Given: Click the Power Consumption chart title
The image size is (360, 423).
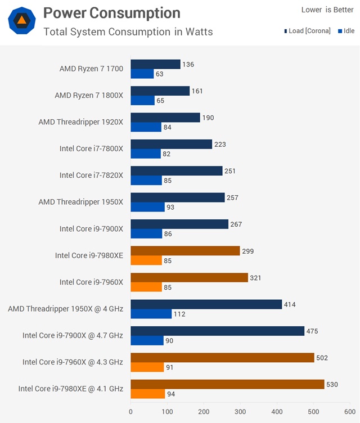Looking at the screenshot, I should coord(111,13).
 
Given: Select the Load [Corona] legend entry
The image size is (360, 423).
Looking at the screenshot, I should coord(307,31).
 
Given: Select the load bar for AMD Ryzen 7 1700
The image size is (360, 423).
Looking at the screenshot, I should coord(155,65).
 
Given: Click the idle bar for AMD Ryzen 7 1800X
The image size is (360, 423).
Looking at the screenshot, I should coord(142,100).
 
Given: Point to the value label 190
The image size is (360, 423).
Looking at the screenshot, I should coord(209,118).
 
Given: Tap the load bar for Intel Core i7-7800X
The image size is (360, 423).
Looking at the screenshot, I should coord(171,144).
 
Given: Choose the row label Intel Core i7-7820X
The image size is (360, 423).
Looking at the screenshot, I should coord(91,175).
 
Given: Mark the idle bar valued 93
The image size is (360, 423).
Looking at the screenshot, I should coord(147,207).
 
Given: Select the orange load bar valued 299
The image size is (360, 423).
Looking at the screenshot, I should coord(185,250).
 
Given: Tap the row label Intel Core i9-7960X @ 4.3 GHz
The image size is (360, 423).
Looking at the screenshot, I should coord(73,362).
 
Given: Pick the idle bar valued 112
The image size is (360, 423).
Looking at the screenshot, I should coord(151,313).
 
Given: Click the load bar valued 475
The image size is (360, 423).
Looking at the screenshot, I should coord(217,331).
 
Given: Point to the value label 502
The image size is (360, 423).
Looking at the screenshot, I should coord(322,357).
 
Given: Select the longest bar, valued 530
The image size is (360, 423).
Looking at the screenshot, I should coord(227,384).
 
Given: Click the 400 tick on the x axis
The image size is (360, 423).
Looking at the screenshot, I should coord(277,412).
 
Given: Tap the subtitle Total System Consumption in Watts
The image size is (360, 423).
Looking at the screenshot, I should coord(128,31).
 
